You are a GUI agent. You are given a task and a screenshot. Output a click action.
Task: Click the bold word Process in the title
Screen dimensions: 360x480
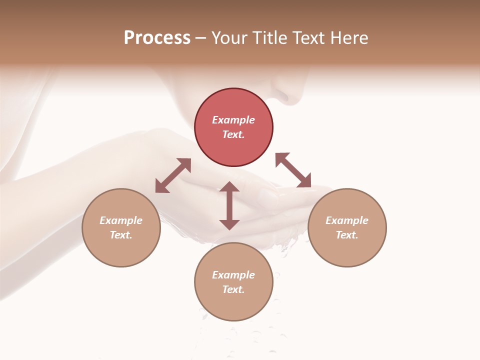[x=157, y=38]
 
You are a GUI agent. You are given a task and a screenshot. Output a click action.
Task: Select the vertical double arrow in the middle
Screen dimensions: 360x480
[x=229, y=205]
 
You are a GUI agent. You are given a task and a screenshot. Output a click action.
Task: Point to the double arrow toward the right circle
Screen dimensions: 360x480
[x=293, y=170]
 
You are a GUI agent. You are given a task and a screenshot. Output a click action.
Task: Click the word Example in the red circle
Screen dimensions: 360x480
[x=233, y=120]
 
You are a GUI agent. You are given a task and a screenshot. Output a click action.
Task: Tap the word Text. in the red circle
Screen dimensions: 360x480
[x=233, y=134]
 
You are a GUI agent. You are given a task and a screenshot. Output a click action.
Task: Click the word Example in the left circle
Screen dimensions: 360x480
[x=121, y=220]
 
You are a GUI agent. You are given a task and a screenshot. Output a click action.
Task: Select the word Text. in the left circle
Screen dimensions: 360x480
[x=121, y=235]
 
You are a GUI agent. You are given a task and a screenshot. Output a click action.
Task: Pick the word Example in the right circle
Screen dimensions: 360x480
[x=347, y=220]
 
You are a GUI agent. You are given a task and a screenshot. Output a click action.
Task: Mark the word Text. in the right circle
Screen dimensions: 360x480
[x=347, y=235]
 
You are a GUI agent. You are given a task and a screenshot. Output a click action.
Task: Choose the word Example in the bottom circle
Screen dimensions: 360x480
[x=233, y=275]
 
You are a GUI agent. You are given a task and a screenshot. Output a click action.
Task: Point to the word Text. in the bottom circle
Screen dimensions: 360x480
[x=233, y=289]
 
